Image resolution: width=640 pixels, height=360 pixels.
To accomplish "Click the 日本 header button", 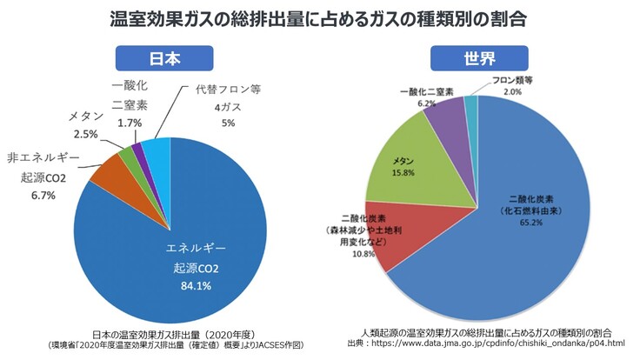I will [x=165, y=58].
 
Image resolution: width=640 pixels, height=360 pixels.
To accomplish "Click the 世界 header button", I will [x=478, y=58].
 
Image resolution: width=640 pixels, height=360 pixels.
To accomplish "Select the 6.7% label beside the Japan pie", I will [x=43, y=196].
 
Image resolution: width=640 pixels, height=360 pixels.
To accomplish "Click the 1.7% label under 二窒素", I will [x=128, y=124].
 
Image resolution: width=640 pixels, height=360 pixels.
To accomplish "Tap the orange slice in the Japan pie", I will [x=110, y=173].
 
